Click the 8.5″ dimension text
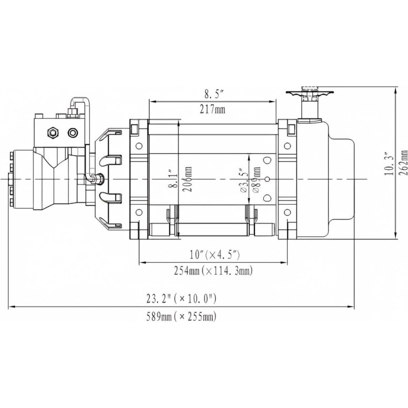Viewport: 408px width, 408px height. (x=212, y=94)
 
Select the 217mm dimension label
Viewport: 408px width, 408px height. (x=212, y=109)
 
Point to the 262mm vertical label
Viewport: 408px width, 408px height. (x=403, y=163)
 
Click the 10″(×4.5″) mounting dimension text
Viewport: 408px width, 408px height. (x=215, y=255)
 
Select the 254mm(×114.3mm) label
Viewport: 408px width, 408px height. (x=213, y=271)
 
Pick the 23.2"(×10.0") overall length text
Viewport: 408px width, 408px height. (x=181, y=299)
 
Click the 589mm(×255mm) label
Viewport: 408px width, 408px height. (x=181, y=317)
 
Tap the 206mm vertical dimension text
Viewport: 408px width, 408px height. (x=187, y=179)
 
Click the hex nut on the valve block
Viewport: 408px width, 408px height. (x=53, y=133)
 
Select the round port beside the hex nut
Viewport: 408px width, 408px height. (x=73, y=133)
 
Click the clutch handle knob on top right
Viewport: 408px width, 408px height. (x=309, y=93)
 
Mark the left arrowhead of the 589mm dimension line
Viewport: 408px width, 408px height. (x=11, y=307)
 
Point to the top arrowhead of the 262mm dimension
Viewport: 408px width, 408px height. (x=396, y=90)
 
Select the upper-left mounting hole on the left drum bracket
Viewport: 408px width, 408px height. (x=139, y=146)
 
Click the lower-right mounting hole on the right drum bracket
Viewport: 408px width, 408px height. (x=287, y=213)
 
